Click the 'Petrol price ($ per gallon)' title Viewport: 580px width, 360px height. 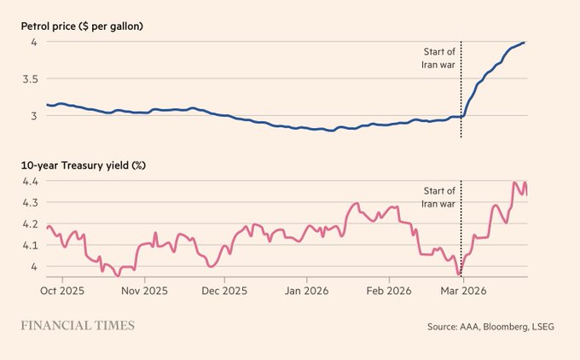82,26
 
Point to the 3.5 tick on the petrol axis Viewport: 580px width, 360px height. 30,78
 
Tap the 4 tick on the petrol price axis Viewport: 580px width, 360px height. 34,42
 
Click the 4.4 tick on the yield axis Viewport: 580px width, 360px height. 30,182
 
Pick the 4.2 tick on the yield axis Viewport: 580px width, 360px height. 30,224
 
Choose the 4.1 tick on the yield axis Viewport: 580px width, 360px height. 30,246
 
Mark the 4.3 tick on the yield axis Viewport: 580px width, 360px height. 30,203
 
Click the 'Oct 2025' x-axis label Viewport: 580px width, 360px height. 62,290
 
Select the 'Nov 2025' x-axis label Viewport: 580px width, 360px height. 144,290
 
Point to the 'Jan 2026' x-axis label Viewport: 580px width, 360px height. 308,290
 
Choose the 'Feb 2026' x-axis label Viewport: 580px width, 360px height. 390,290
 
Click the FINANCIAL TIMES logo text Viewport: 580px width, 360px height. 78,325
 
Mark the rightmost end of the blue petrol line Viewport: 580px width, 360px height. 525,42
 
